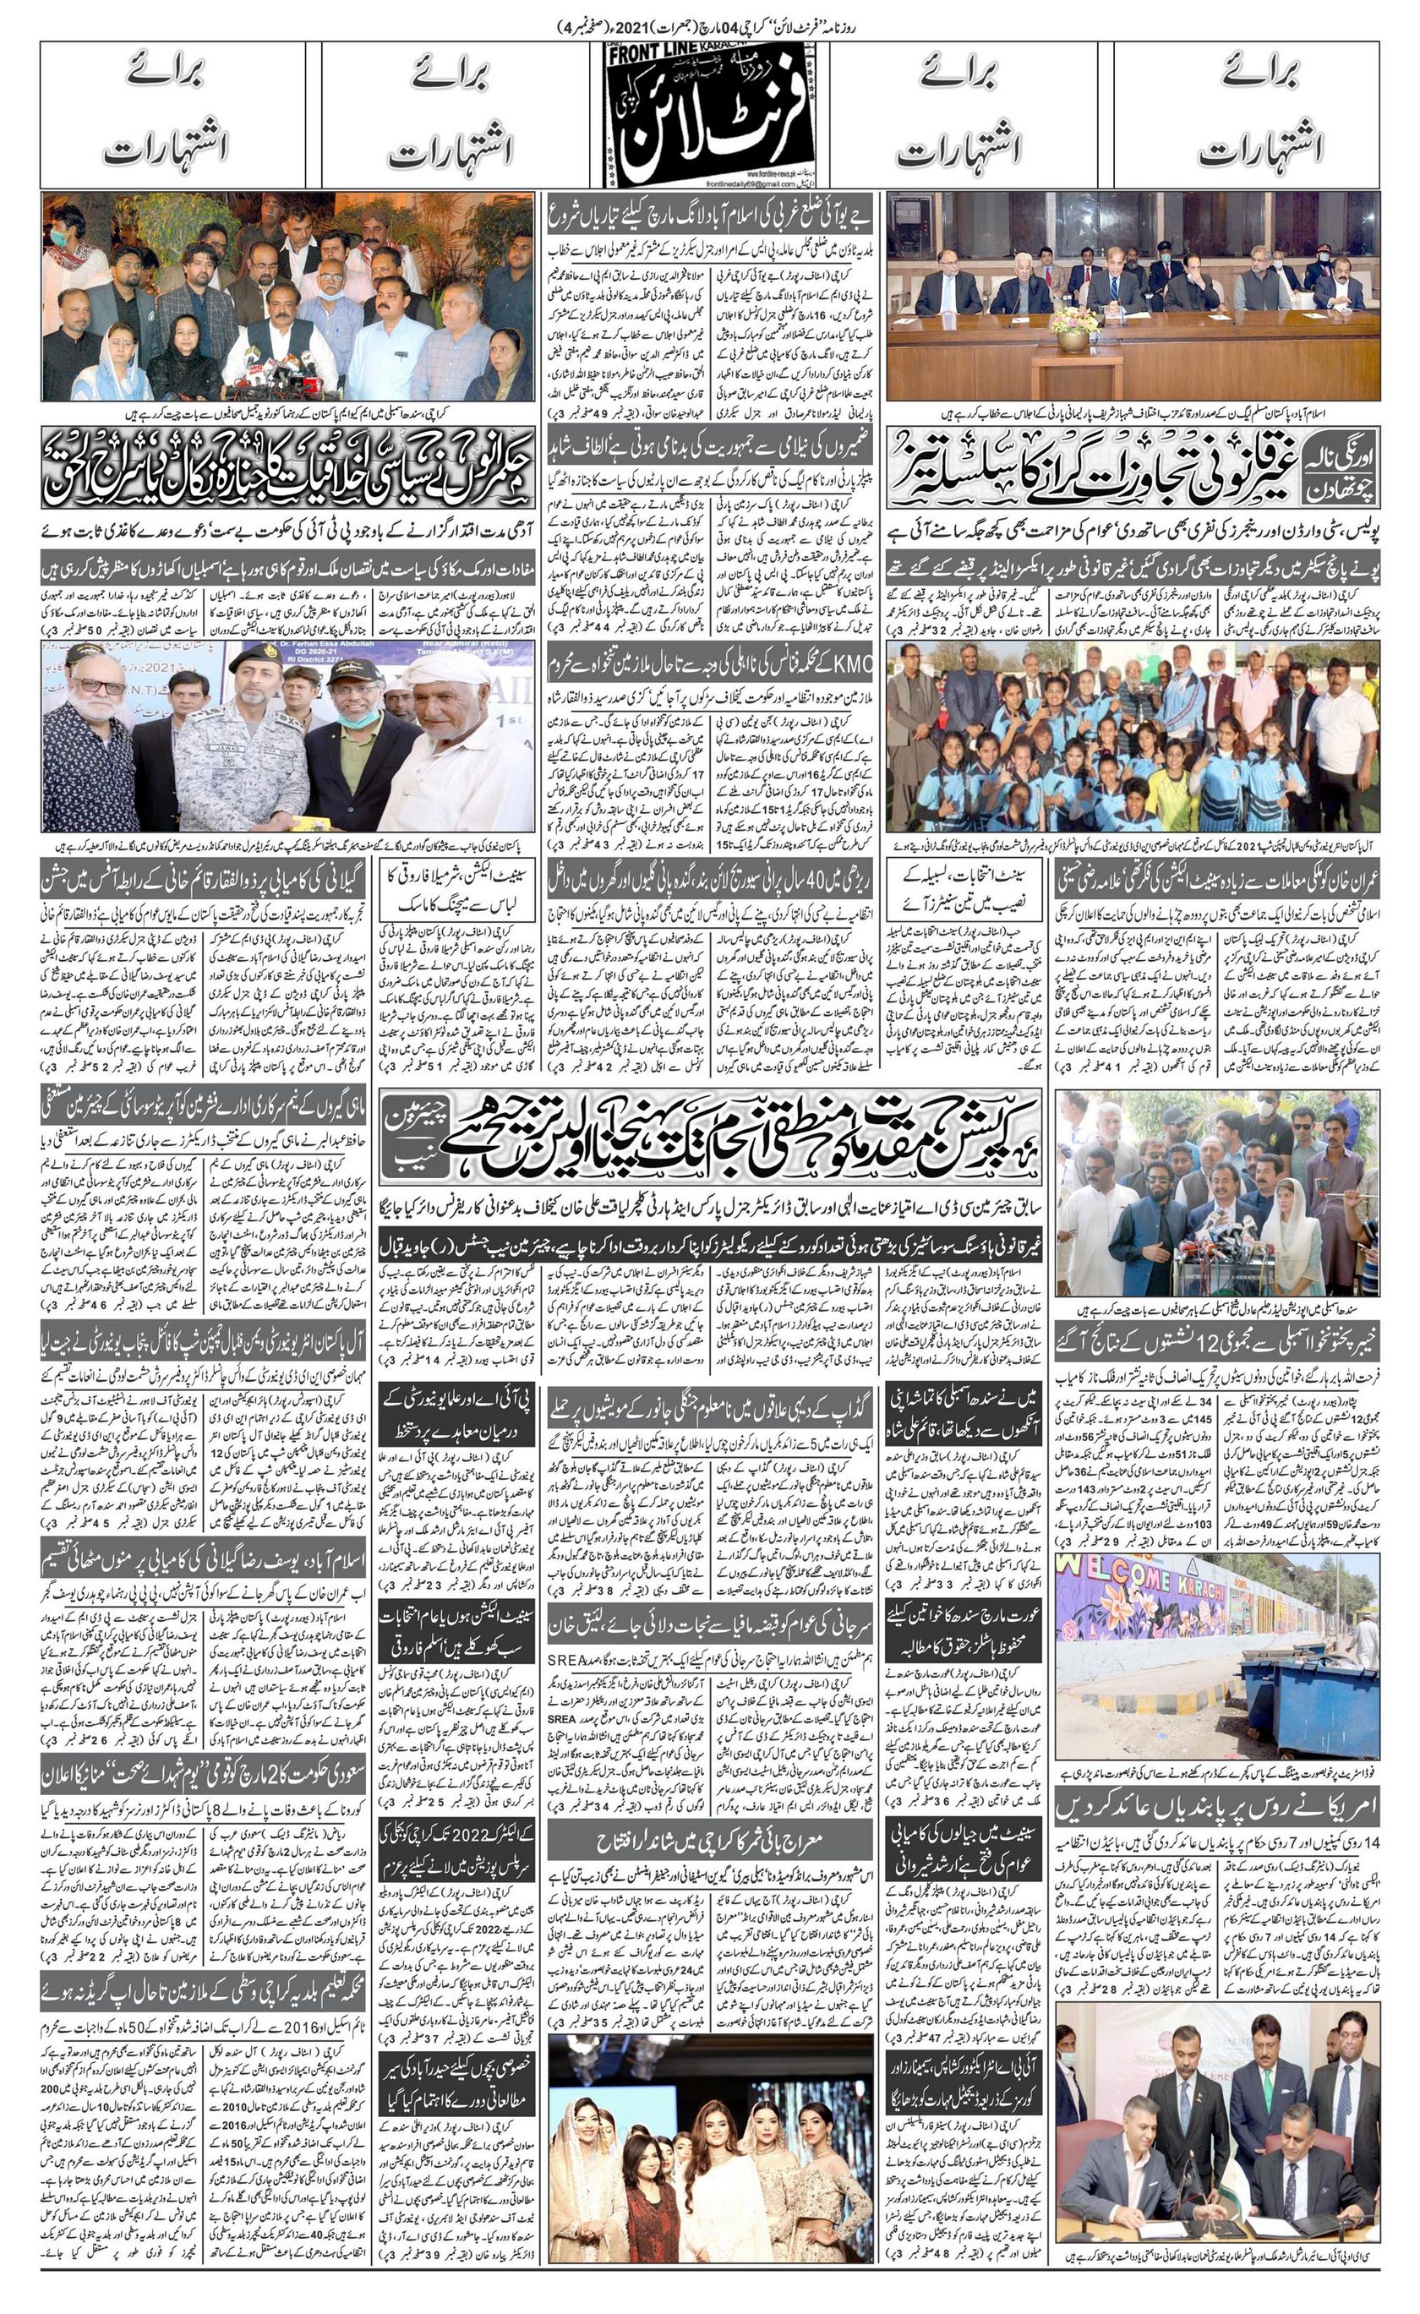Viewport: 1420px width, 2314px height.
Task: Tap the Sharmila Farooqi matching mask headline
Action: point(455,893)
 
